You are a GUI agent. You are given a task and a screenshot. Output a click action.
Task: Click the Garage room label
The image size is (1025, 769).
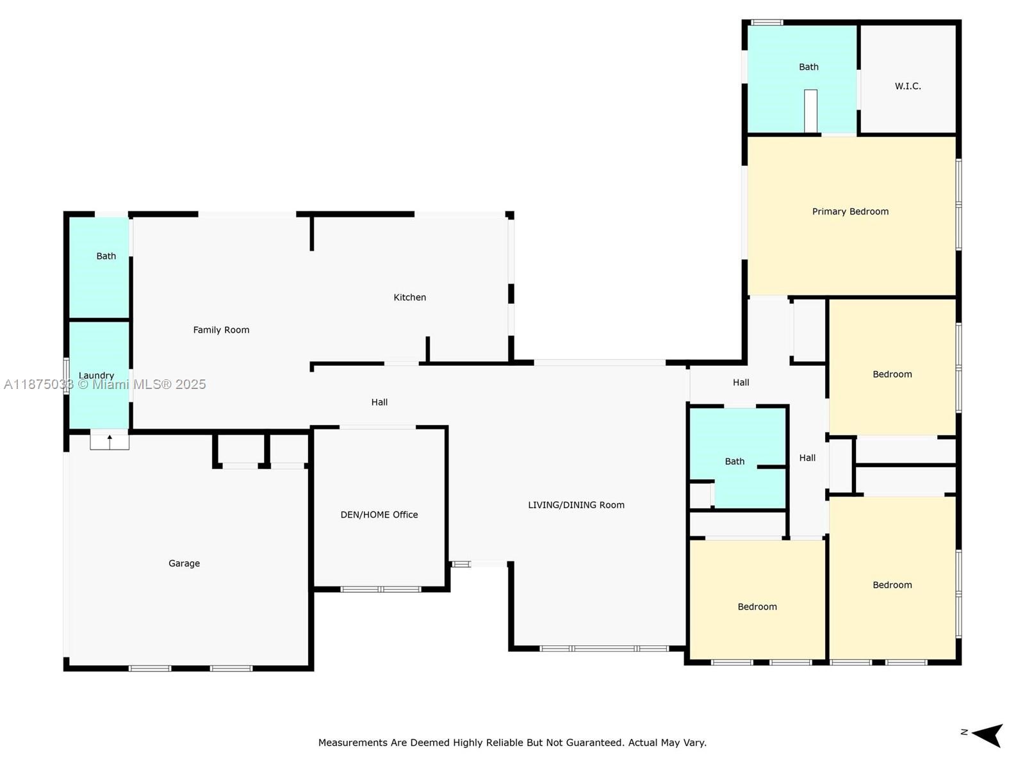tap(184, 563)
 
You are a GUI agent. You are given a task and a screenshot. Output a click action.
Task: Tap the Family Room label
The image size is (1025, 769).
tap(222, 330)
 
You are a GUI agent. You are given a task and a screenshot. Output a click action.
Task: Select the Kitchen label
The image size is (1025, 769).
tap(409, 297)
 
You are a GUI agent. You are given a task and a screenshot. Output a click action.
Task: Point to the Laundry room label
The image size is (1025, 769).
tap(96, 376)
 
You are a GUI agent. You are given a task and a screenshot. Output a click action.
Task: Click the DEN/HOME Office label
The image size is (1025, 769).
tap(379, 515)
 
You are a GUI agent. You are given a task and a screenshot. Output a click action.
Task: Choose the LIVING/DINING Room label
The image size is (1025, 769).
tap(576, 505)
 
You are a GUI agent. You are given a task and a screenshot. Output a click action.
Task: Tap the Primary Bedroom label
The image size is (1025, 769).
tap(850, 211)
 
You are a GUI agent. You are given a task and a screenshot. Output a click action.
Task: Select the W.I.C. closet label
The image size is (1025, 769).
tap(908, 86)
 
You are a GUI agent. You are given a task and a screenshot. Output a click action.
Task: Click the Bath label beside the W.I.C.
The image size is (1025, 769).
tap(808, 67)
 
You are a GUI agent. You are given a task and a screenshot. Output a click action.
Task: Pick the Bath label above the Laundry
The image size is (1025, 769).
tap(106, 256)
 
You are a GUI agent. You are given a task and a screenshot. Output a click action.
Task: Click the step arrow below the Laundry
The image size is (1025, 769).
tap(110, 442)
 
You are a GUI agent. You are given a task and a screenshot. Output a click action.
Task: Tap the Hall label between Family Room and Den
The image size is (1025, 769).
tap(379, 402)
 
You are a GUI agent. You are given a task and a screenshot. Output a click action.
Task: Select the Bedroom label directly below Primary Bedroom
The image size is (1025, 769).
tap(892, 374)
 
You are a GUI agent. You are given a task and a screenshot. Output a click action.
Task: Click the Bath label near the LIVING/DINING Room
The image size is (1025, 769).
tap(735, 461)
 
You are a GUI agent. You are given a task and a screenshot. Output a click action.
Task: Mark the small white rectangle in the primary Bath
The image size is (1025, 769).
tap(810, 111)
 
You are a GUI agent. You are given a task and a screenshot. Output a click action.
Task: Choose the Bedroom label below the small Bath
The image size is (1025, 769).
tap(757, 606)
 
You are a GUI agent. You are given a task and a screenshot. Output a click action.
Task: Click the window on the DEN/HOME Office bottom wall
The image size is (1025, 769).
tap(381, 589)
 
